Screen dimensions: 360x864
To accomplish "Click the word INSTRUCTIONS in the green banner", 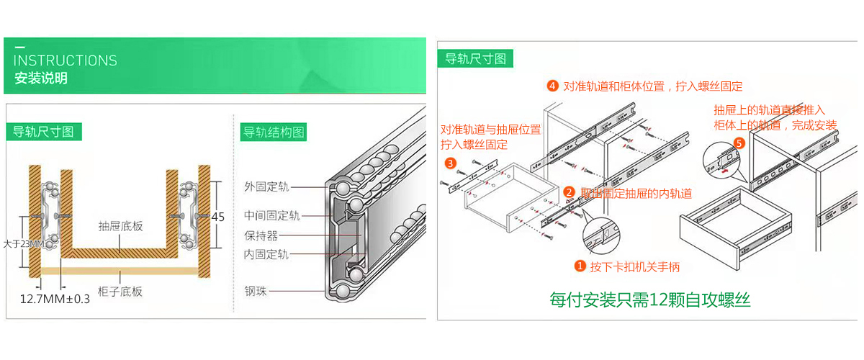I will (x=65, y=60).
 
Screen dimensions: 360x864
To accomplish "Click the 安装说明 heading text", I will (x=41, y=78).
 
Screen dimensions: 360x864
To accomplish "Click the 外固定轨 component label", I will (x=266, y=187).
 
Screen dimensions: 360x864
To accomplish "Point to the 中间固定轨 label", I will (x=271, y=216).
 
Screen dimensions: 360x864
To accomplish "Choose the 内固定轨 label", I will (x=266, y=254).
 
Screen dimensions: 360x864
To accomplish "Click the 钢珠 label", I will (x=256, y=292).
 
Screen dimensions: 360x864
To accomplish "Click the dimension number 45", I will (x=219, y=217).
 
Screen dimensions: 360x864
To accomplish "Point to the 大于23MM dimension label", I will (x=22, y=244).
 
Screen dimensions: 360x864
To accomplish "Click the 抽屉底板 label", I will (x=121, y=226).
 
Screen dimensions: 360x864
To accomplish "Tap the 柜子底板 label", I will (x=120, y=292).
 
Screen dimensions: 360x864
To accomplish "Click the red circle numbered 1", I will (x=580, y=266).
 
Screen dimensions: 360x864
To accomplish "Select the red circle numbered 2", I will (x=569, y=192).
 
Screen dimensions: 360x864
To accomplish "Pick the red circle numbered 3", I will (x=450, y=163).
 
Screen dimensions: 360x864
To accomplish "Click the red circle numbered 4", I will (x=552, y=86).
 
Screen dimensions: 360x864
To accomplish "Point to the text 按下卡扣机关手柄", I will (x=634, y=267).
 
